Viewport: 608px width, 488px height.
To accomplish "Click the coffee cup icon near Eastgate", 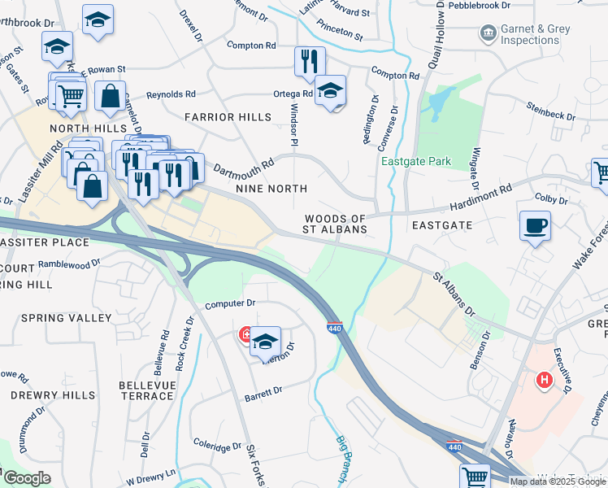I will coord(535,227).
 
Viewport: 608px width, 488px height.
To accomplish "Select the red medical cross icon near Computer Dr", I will coord(245,334).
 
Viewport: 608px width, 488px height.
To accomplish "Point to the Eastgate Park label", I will coord(417,161).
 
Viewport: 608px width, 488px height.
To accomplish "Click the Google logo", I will coord(26,478).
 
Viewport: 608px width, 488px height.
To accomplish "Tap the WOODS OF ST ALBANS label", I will coord(335,224).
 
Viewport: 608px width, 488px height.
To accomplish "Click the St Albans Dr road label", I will coord(454,294).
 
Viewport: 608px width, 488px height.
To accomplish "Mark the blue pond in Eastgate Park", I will coord(439,102).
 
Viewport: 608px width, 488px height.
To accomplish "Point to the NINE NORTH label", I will coord(271,189).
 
